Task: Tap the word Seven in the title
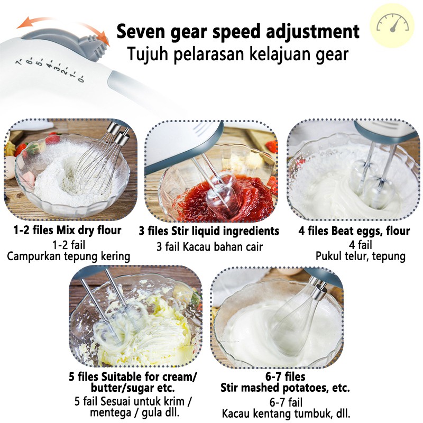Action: click(141, 31)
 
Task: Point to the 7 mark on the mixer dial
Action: click(19, 62)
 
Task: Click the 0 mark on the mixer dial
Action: click(81, 78)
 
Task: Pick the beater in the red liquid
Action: click(216, 186)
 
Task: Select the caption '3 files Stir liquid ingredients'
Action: click(209, 231)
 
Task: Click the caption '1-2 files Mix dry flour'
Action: click(67, 230)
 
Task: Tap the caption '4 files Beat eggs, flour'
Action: click(354, 231)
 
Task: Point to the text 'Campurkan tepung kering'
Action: click(69, 256)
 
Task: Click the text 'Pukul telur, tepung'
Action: click(361, 256)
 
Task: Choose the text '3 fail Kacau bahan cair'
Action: click(209, 246)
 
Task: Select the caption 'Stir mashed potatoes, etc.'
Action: click(285, 388)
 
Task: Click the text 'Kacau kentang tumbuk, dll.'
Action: click(286, 413)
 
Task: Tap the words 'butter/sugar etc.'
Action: click(133, 388)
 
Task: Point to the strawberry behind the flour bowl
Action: click(53, 139)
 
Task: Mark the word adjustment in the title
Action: click(312, 32)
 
